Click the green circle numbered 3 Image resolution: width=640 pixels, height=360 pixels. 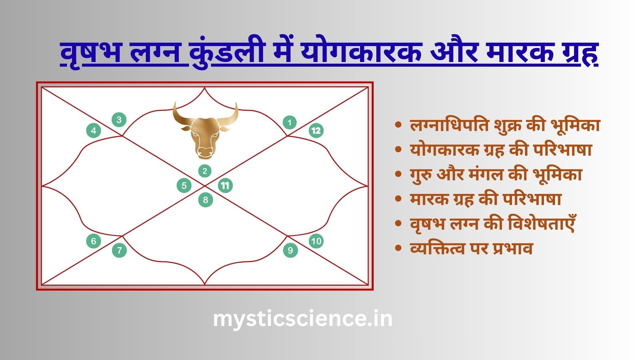[119, 120]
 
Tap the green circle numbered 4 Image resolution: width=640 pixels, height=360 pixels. [94, 130]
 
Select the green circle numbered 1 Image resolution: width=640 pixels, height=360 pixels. [290, 122]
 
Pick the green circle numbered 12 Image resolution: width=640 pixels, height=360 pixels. [316, 130]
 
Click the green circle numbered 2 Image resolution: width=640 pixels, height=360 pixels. [205, 171]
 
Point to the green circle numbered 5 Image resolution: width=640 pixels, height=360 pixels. [184, 186]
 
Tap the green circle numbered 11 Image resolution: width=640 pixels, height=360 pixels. [225, 186]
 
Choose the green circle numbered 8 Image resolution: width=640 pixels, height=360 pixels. [206, 200]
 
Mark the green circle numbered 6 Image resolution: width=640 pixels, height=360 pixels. [94, 241]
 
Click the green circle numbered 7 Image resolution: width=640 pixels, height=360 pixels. [119, 250]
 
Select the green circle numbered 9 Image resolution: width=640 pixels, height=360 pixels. [290, 250]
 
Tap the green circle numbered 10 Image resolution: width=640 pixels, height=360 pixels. [316, 241]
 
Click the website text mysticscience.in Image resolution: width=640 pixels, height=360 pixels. [302, 319]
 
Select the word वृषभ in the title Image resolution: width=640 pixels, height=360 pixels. [90, 53]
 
